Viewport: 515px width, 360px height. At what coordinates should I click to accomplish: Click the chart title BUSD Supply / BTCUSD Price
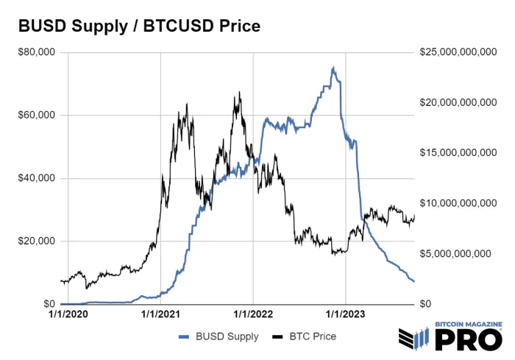[139, 27]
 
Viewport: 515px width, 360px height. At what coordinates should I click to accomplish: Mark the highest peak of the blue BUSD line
[333, 68]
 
